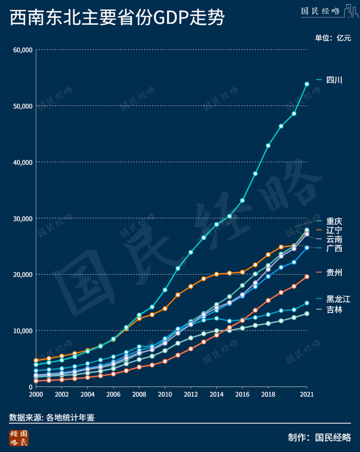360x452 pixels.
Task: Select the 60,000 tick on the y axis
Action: coord(20,50)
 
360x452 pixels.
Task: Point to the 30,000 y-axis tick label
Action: coord(20,218)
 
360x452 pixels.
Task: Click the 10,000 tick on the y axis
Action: coord(20,330)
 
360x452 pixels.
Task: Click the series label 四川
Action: coord(335,80)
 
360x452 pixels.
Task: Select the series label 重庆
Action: coord(335,221)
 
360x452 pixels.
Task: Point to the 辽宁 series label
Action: coord(335,230)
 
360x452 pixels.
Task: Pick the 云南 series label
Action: coord(335,240)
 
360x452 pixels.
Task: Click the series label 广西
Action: coord(335,248)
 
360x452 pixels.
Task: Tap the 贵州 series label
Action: coord(335,273)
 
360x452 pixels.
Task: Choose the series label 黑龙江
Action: coord(338,299)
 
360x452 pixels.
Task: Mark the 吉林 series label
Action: coord(335,310)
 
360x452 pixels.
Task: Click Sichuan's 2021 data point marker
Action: coord(307,84)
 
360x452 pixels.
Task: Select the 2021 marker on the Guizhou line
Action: coord(307,276)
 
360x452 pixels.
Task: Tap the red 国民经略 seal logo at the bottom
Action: coord(19,438)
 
